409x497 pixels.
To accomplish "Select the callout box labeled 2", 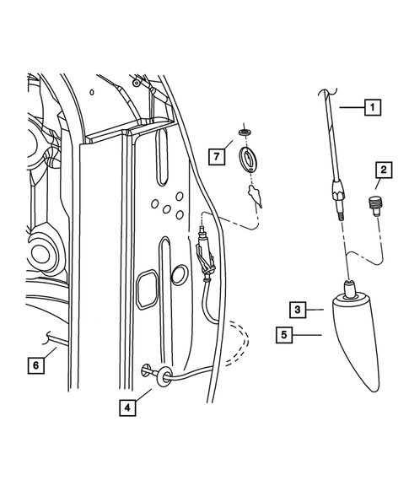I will coord(382,171).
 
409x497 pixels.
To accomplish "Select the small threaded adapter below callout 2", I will coord(375,205).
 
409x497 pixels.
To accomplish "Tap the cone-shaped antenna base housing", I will coord(355,338).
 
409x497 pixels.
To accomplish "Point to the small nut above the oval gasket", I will coord(245,132).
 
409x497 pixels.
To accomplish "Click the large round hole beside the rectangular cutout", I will coord(180,275).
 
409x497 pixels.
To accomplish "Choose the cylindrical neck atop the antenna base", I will coord(348,290).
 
